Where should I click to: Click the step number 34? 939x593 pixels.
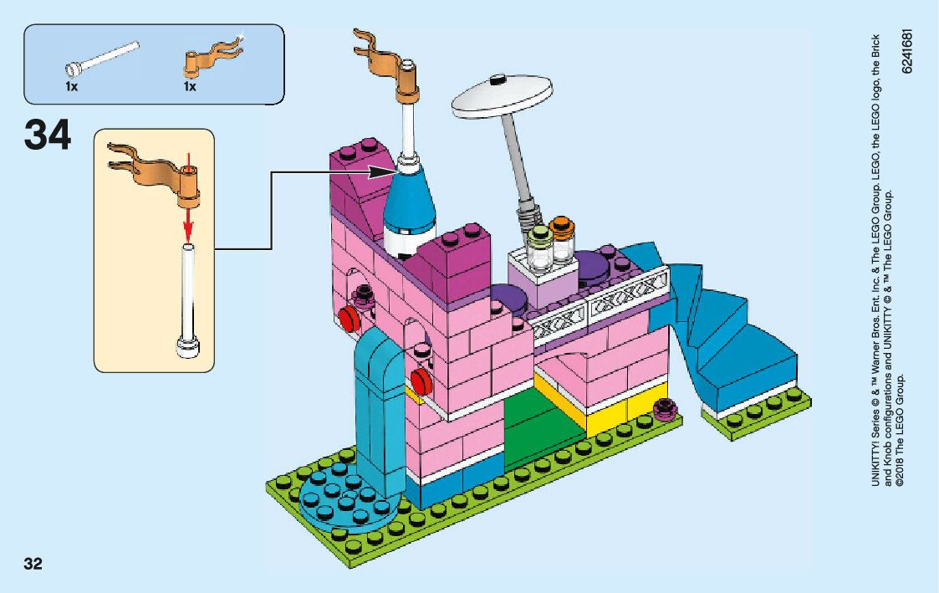click(48, 136)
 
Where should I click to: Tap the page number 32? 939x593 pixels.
click(33, 563)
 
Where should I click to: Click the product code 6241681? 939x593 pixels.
click(908, 51)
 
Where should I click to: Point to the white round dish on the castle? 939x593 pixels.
click(502, 95)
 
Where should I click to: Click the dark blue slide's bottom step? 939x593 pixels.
click(753, 368)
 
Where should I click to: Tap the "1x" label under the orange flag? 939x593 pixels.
click(190, 86)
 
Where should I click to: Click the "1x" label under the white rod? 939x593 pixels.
click(72, 86)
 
